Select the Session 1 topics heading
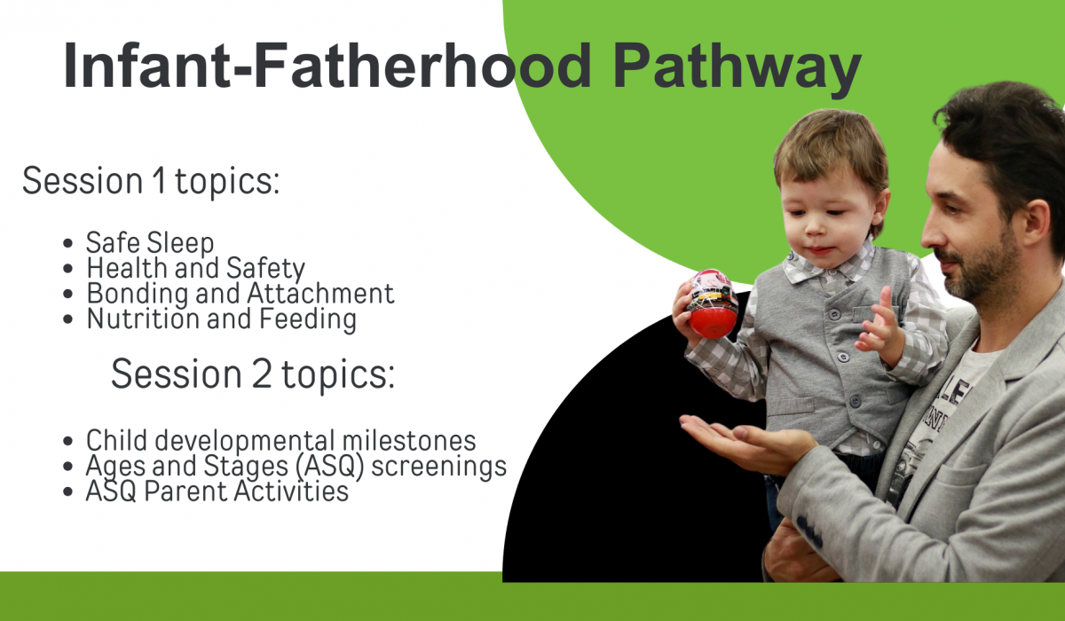151,181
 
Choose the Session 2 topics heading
253,373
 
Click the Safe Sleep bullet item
150,243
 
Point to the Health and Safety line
195,269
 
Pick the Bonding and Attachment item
241,293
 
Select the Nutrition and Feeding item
222,318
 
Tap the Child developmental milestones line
280,441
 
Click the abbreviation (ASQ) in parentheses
329,466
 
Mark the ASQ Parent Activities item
217,491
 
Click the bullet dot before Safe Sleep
67,244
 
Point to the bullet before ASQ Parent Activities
67,491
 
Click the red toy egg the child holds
712,304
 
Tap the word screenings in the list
438,467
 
